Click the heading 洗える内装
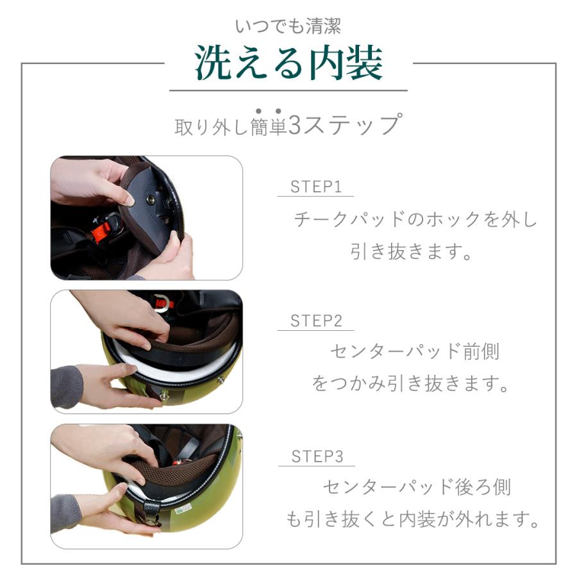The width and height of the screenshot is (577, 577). pyautogui.click(x=289, y=63)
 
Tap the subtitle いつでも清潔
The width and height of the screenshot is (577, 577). pyautogui.click(x=288, y=26)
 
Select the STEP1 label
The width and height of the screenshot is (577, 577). pyautogui.click(x=315, y=187)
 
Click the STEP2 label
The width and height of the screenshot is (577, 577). pyautogui.click(x=316, y=321)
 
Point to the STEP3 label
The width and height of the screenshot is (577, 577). pyautogui.click(x=317, y=456)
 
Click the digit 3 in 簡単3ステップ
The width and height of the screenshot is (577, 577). pyautogui.click(x=295, y=125)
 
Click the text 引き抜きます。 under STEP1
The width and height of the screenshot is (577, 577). pyautogui.click(x=411, y=251)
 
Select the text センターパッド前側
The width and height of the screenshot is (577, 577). pyautogui.click(x=415, y=351)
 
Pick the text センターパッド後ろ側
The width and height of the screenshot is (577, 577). pyautogui.click(x=417, y=487)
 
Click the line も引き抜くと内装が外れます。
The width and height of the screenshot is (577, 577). pyautogui.click(x=414, y=519)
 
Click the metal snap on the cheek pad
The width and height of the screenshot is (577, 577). pyautogui.click(x=150, y=200)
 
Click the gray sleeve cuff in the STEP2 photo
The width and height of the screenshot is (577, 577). pyautogui.click(x=66, y=387)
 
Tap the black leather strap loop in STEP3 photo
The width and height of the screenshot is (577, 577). pyautogui.click(x=151, y=510)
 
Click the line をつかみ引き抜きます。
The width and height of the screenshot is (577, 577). pyautogui.click(x=410, y=383)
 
